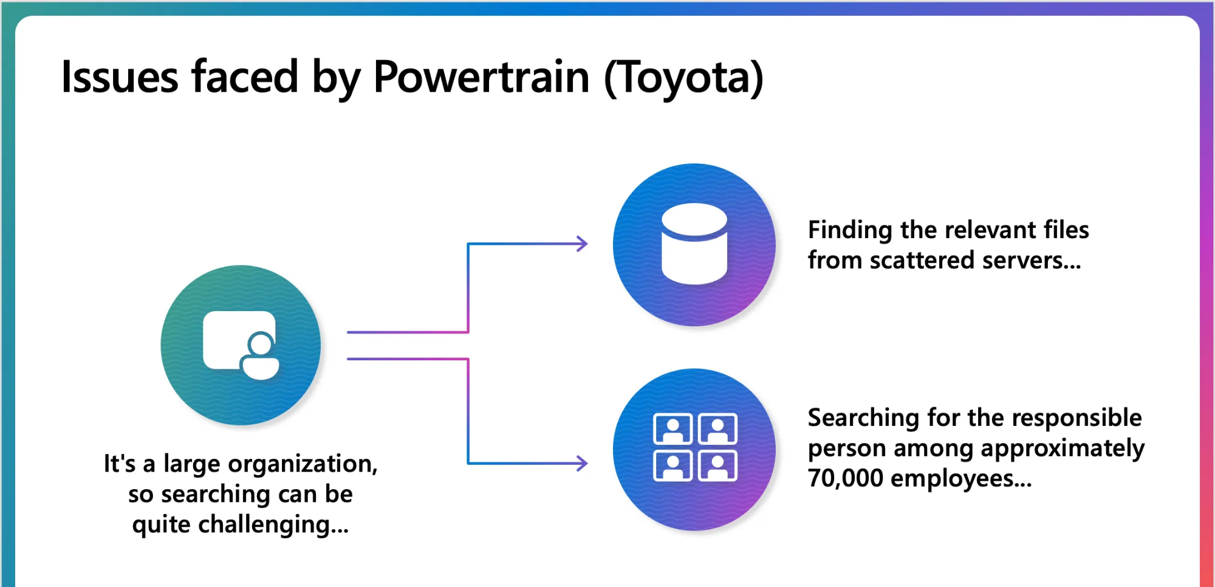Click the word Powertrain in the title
[x=481, y=77]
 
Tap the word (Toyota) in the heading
[x=683, y=78]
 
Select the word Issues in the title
[x=120, y=77]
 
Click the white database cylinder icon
[x=694, y=244]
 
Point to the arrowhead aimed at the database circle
[x=582, y=244]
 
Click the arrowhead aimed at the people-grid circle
[x=582, y=464]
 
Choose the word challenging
[x=273, y=526]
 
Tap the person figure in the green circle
[x=260, y=355]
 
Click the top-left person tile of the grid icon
[x=673, y=429]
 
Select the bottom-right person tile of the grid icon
[x=718, y=466]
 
